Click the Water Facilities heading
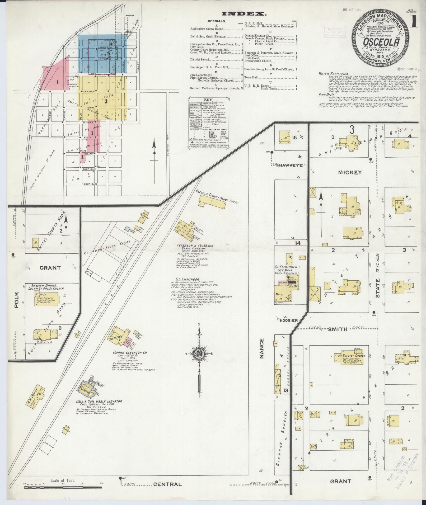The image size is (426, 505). point(333,74)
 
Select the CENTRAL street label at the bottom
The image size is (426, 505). point(167,484)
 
